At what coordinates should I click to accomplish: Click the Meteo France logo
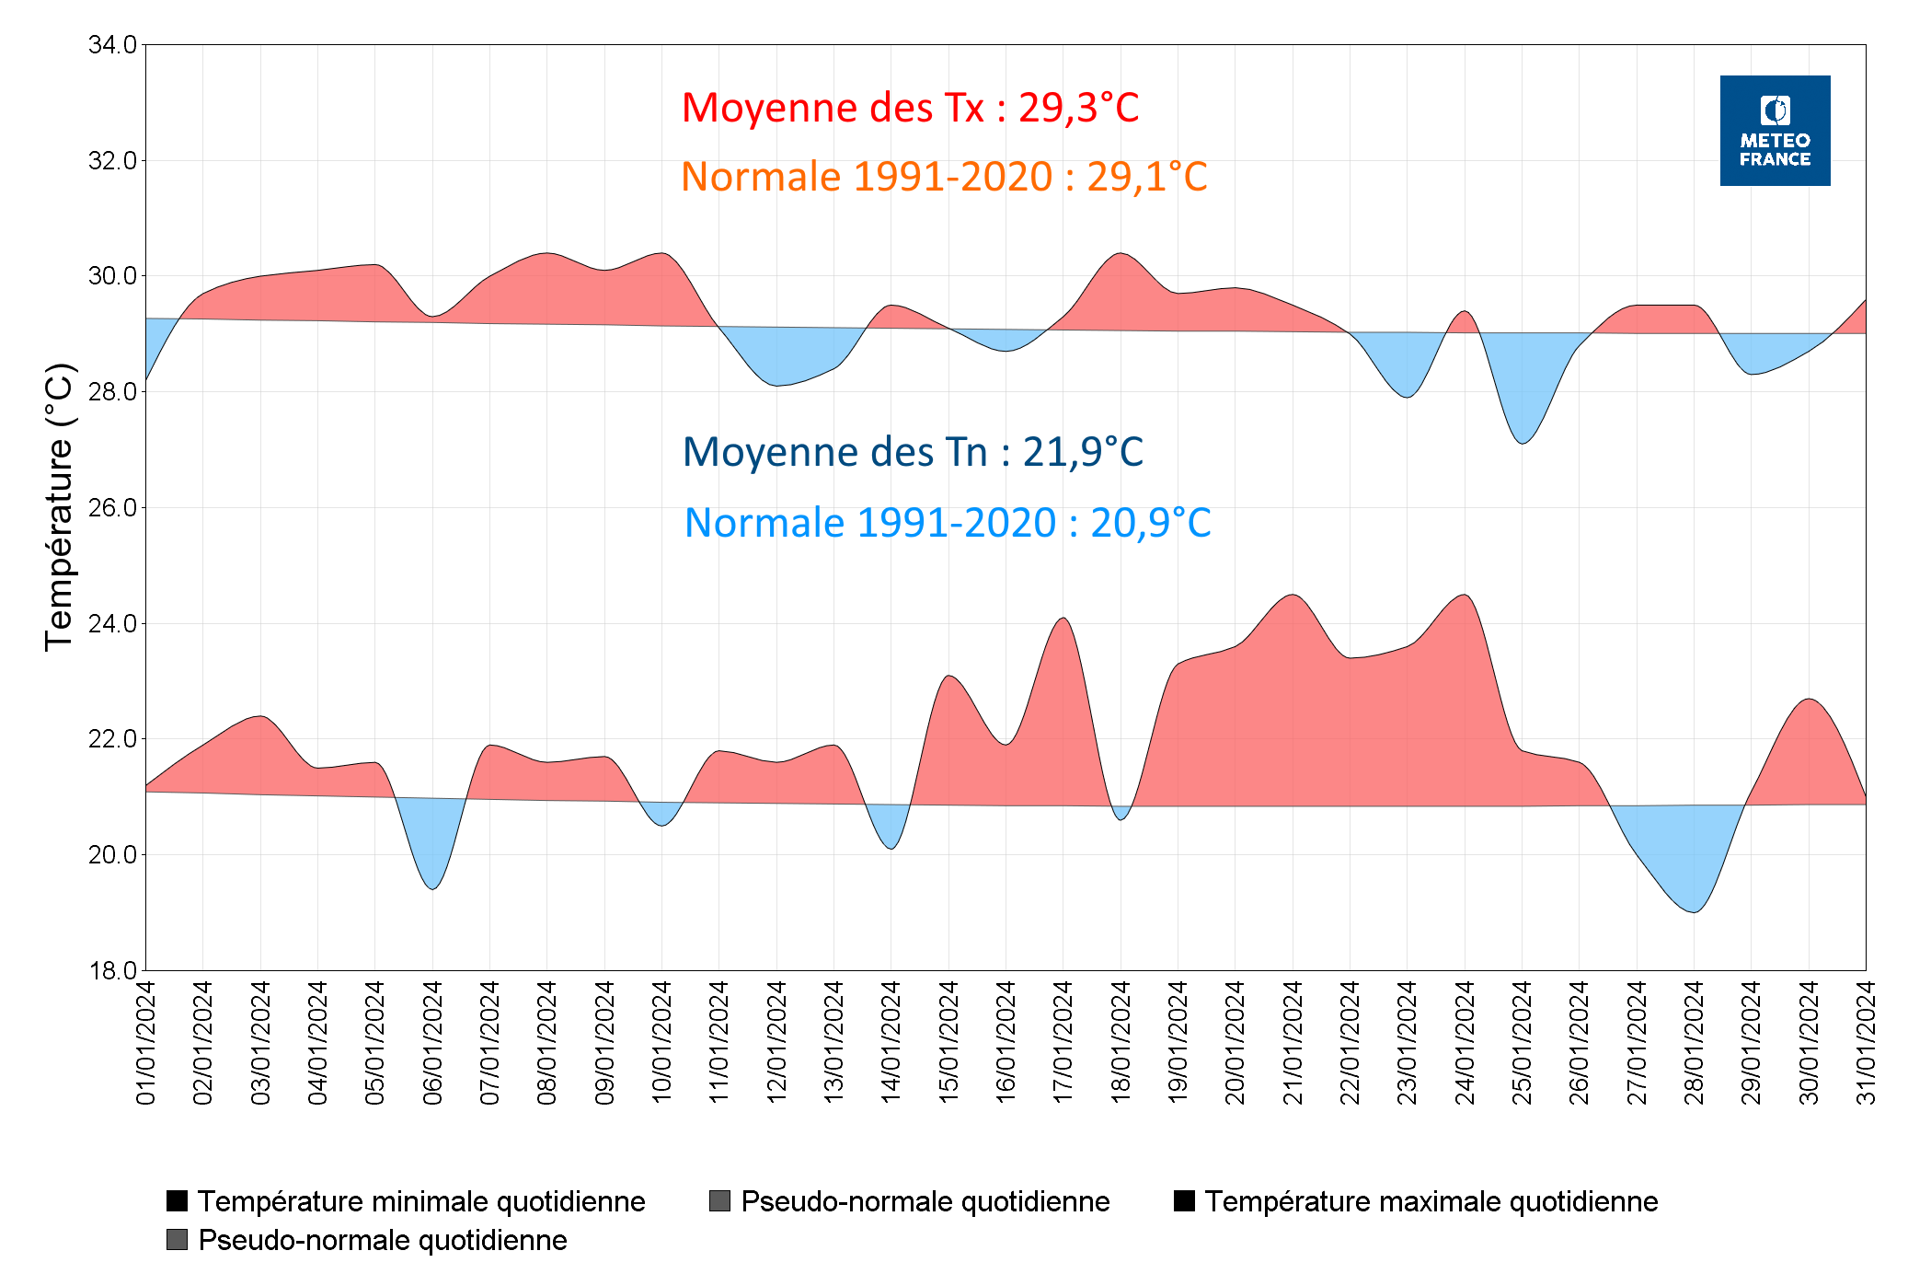[1774, 131]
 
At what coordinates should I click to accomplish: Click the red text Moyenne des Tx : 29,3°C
[909, 108]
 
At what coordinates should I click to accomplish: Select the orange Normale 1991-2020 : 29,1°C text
[943, 177]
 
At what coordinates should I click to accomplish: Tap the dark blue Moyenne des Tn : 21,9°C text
[912, 452]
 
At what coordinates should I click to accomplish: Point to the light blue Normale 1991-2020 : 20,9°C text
[947, 523]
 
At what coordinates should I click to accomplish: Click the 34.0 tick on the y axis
[112, 44]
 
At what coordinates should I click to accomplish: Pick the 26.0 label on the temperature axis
[112, 507]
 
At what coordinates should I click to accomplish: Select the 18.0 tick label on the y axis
[112, 970]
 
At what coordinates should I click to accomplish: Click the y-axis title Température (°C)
[59, 507]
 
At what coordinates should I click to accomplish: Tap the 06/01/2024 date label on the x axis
[432, 1042]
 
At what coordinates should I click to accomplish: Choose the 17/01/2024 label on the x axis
[1063, 1042]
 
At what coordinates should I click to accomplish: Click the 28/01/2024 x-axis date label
[1694, 1042]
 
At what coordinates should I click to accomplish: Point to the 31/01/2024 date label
[1866, 1042]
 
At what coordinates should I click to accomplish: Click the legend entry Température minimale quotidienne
[420, 1201]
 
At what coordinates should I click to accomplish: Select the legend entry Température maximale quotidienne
[1431, 1201]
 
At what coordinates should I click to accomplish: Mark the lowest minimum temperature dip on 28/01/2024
[1694, 911]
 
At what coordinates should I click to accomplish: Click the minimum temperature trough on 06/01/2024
[432, 887]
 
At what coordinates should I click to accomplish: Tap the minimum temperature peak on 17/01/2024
[1063, 619]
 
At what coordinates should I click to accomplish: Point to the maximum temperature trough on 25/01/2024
[1523, 443]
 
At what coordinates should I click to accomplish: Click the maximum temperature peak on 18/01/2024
[1120, 253]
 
